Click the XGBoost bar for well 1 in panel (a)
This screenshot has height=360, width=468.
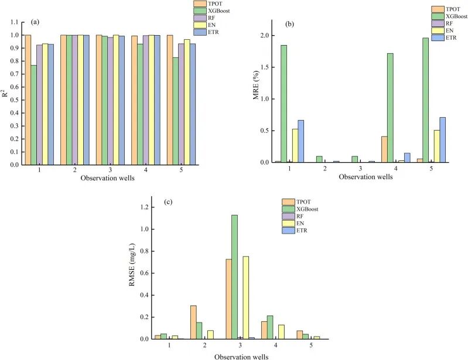34,115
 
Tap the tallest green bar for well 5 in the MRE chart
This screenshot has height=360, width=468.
425,100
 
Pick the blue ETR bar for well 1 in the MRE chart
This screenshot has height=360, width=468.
301,141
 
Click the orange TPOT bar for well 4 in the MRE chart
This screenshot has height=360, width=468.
384,149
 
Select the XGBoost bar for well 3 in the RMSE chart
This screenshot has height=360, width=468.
235,277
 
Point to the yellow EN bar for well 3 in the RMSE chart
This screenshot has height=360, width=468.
246,298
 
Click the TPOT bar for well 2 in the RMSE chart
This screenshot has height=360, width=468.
193,322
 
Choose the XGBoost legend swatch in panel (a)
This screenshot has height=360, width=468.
200,11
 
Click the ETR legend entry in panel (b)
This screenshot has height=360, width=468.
444,37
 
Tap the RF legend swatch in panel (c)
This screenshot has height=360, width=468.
288,216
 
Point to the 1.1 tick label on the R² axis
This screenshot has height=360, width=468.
14,22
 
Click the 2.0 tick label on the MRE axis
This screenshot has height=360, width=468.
264,36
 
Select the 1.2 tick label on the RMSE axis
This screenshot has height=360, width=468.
144,207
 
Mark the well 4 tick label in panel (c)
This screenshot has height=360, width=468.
275,345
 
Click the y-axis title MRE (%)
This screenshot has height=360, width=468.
256,85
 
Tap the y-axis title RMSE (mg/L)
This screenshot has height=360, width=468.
132,265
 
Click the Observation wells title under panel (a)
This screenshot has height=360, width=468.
107,178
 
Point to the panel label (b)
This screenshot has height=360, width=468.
289,24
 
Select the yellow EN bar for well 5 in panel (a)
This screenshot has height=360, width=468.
187,102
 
